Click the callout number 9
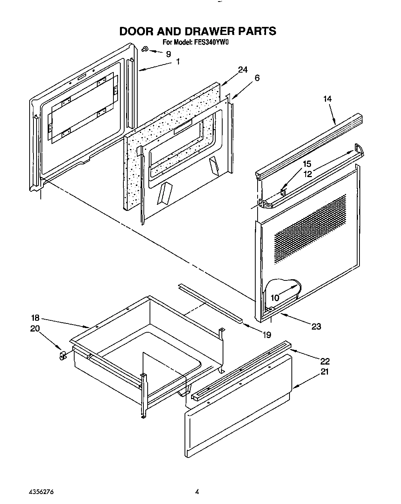pyautogui.click(x=168, y=54)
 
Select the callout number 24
pyautogui.click(x=242, y=70)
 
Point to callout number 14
pyautogui.click(x=327, y=99)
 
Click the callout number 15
pyautogui.click(x=307, y=164)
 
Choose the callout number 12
pyautogui.click(x=307, y=174)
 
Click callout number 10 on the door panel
pyautogui.click(x=275, y=297)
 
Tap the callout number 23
pyautogui.click(x=316, y=327)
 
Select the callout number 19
pyautogui.click(x=266, y=335)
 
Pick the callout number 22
pyautogui.click(x=324, y=361)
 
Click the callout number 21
pyautogui.click(x=324, y=372)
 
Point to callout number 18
pyautogui.click(x=35, y=318)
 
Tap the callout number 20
pyautogui.click(x=35, y=329)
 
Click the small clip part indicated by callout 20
pyautogui.click(x=62, y=356)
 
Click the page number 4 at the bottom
pyautogui.click(x=197, y=491)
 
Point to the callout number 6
pyautogui.click(x=257, y=78)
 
